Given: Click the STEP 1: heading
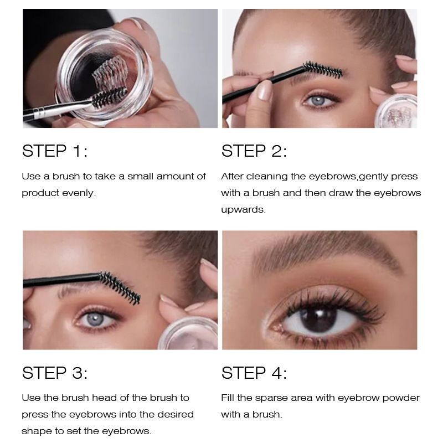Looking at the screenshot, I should [55, 151].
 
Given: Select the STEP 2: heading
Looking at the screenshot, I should [254, 151].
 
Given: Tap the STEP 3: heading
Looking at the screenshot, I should [55, 372].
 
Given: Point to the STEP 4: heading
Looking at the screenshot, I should [254, 372].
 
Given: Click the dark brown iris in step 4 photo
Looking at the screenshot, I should [318, 318].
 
